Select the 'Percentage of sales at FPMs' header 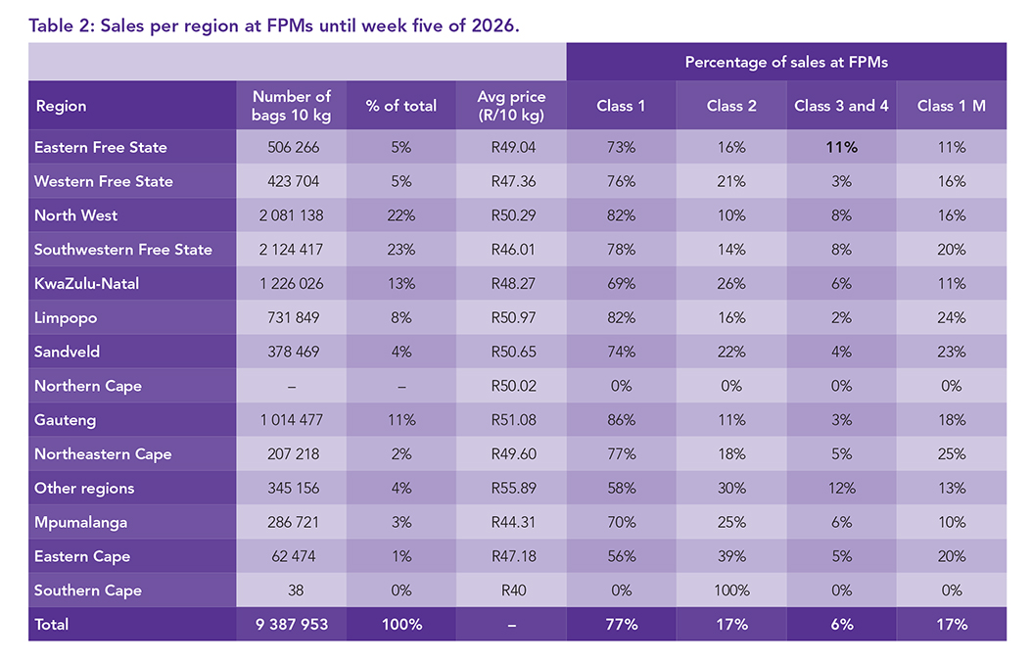(x=786, y=63)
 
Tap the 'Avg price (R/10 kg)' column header (x=511, y=106)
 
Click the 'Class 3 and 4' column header (x=841, y=106)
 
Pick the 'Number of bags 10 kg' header (x=292, y=106)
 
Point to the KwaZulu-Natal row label (x=87, y=284)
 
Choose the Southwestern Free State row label (x=123, y=250)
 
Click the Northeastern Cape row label (x=103, y=454)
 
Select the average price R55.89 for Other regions (x=511, y=489)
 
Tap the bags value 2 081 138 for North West (x=292, y=215)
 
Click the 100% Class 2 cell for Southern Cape (x=731, y=590)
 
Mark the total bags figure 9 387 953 (x=292, y=625)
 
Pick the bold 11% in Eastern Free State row (x=841, y=148)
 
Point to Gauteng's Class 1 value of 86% (x=621, y=420)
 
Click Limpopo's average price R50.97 (x=511, y=318)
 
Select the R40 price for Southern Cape (x=511, y=590)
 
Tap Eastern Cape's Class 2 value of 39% (x=731, y=556)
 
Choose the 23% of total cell (x=401, y=250)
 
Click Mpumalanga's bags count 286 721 (x=292, y=523)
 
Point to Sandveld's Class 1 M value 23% (x=951, y=352)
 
